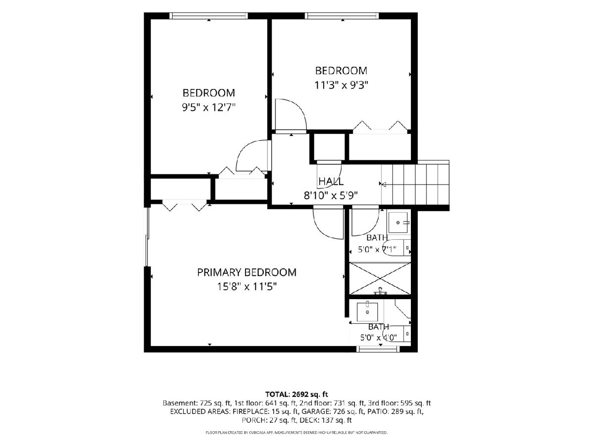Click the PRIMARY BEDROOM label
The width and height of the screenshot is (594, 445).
(x=247, y=272)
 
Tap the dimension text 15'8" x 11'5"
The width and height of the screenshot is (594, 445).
(x=247, y=286)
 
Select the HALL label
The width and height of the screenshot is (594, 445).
(x=331, y=181)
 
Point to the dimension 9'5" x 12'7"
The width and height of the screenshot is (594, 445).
(x=208, y=107)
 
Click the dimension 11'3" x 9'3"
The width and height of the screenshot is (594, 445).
(x=341, y=86)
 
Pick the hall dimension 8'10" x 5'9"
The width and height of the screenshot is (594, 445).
(x=331, y=195)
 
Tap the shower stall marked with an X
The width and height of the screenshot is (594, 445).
(x=380, y=278)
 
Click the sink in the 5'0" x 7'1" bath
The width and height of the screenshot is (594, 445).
(x=398, y=222)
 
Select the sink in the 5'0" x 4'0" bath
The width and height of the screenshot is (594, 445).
(x=367, y=312)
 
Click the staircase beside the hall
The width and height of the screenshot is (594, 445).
(x=415, y=184)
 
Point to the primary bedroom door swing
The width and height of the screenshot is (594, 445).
(x=328, y=223)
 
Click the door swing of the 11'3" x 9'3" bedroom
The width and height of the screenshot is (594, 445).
(x=291, y=115)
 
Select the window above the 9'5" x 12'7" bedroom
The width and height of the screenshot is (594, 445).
(x=208, y=16)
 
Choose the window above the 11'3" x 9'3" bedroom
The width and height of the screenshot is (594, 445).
(x=342, y=16)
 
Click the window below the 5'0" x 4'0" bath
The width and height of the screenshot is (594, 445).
(x=378, y=349)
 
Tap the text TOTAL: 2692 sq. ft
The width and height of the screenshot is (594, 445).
(x=297, y=394)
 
